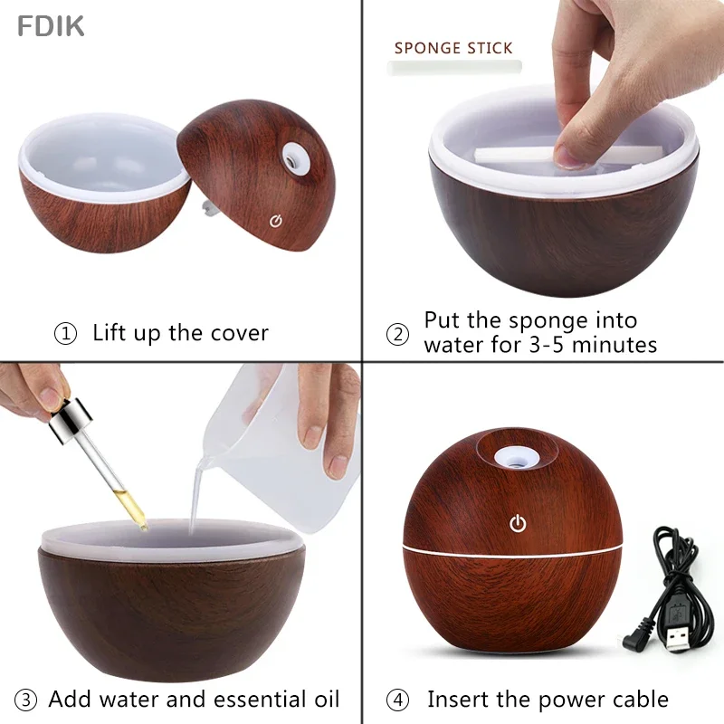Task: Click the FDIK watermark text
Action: point(51,26)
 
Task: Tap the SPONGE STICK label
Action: point(453,48)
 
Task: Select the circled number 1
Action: point(65,334)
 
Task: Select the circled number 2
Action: point(397,334)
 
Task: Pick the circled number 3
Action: point(27,700)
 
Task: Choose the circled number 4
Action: point(397,700)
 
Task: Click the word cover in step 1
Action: point(239,333)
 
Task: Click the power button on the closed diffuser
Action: point(518,523)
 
